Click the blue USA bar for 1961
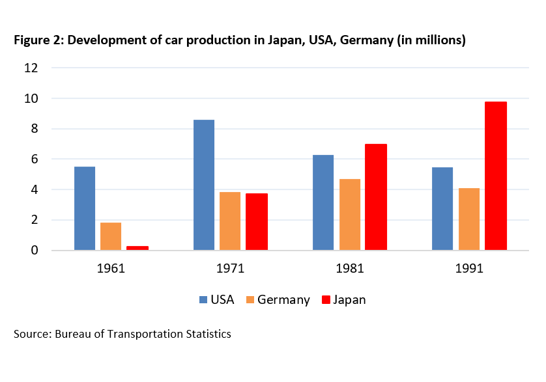(x=85, y=208)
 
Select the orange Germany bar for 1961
(x=110, y=236)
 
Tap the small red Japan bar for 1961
(x=137, y=248)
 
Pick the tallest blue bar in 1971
(x=204, y=185)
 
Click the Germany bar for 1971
(x=230, y=221)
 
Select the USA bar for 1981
(x=323, y=202)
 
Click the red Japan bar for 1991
(x=496, y=176)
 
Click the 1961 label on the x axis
(x=111, y=268)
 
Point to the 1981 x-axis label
(x=349, y=268)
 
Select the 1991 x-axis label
(x=469, y=268)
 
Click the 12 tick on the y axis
(x=32, y=68)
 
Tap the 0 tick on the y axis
(x=35, y=251)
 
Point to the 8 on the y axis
(x=35, y=129)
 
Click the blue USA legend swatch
(x=203, y=300)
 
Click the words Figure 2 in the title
(x=38, y=40)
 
